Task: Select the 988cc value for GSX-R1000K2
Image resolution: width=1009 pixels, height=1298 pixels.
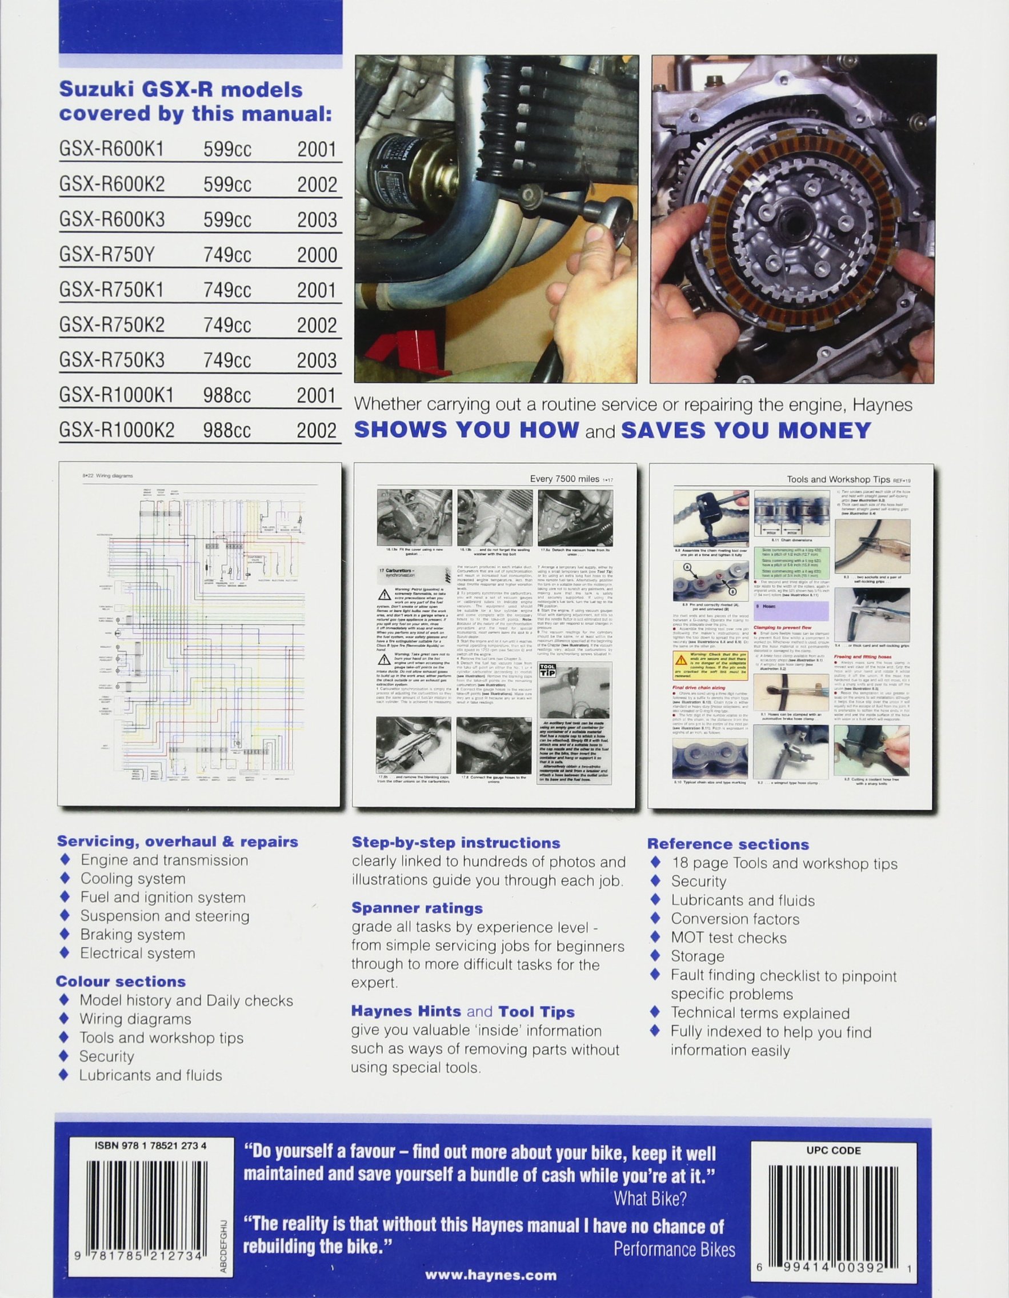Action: (x=226, y=430)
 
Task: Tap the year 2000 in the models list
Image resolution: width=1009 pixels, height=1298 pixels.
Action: (x=317, y=255)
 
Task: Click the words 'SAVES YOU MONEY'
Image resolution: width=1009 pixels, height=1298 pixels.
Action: (x=746, y=430)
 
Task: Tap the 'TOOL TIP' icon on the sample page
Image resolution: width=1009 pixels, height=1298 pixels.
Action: (x=546, y=674)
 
